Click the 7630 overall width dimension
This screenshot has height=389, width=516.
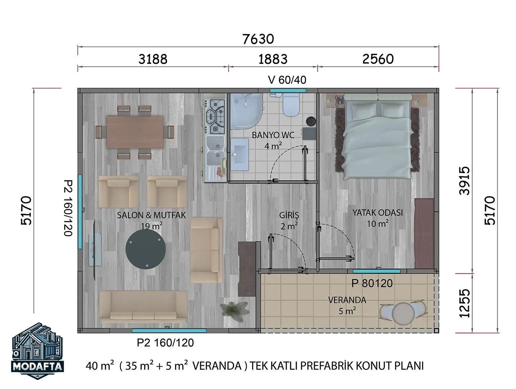point(258,39)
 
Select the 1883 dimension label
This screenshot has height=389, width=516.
point(273,59)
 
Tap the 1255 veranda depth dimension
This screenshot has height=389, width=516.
point(465,303)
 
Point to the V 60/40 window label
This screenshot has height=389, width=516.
point(287,80)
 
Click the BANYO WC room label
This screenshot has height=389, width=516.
point(273,135)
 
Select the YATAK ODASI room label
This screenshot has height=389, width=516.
point(377,213)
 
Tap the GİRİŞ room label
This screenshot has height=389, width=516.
point(289,215)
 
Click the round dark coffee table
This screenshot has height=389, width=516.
point(145,249)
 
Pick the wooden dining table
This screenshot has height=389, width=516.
point(135,132)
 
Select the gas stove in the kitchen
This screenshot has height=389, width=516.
point(214,117)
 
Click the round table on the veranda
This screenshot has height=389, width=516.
point(403,314)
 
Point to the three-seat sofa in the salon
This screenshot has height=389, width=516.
point(143,307)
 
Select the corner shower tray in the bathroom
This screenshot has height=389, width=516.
point(246,111)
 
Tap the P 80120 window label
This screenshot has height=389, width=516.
point(372,283)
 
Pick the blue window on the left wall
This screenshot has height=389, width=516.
point(80,212)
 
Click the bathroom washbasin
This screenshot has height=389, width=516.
point(239,154)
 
